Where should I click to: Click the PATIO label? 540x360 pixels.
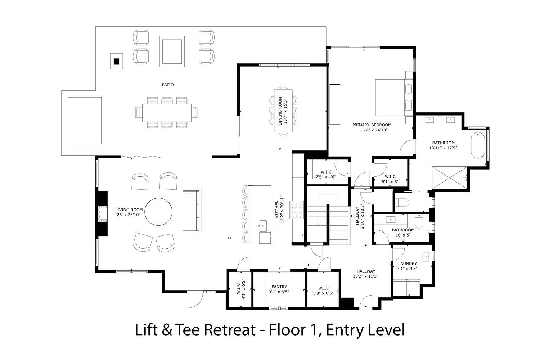tap(167, 85)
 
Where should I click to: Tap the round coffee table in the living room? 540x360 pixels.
tap(158, 212)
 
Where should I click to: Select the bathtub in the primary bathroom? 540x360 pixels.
tap(478, 145)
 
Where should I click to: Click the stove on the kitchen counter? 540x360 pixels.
tap(296, 210)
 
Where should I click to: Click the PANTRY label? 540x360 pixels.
tap(279, 287)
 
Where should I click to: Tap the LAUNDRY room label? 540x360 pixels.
tap(408, 264)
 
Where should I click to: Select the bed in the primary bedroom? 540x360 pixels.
tap(394, 97)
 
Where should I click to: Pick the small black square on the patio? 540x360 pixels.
tap(116, 62)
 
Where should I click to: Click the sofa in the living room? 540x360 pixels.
tap(192, 211)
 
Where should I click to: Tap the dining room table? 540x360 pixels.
tap(283, 111)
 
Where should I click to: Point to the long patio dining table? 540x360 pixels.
tap(167, 113)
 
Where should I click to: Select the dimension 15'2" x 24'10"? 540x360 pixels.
tap(372, 130)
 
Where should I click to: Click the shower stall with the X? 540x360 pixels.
tap(449, 178)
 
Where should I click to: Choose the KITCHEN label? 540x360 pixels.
tap(277, 209)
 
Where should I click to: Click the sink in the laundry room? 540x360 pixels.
tap(426, 256)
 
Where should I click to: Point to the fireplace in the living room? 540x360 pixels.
tap(102, 213)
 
